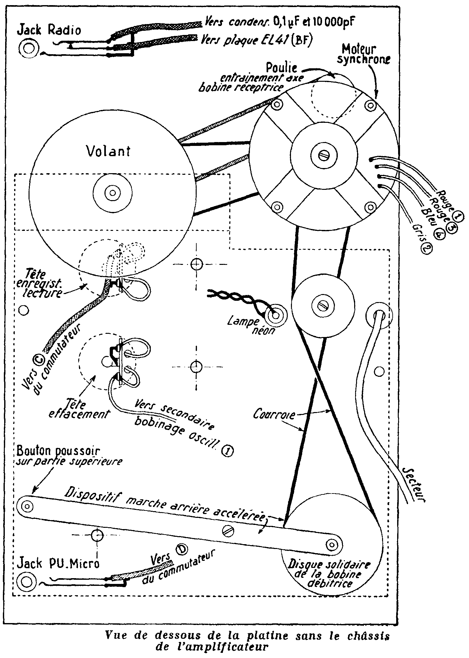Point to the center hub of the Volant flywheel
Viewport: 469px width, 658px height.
(x=112, y=193)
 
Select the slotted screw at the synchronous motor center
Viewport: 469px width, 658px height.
(x=324, y=155)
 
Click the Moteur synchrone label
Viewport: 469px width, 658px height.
(x=363, y=55)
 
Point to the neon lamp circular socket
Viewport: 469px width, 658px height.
(x=275, y=316)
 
